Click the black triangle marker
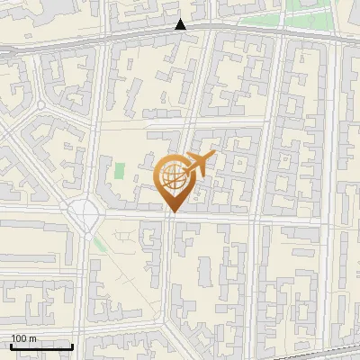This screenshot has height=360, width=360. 181,24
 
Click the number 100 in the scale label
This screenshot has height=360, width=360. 19,338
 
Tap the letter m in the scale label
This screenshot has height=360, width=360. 32,338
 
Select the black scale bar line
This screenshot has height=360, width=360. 41,346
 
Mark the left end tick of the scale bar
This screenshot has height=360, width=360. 11,345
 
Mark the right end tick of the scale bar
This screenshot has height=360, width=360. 72,345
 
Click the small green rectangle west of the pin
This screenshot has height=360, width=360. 120,170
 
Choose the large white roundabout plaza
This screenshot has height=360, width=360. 84,214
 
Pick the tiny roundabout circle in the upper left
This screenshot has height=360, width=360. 40,105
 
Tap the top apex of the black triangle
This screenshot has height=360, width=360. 181,19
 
